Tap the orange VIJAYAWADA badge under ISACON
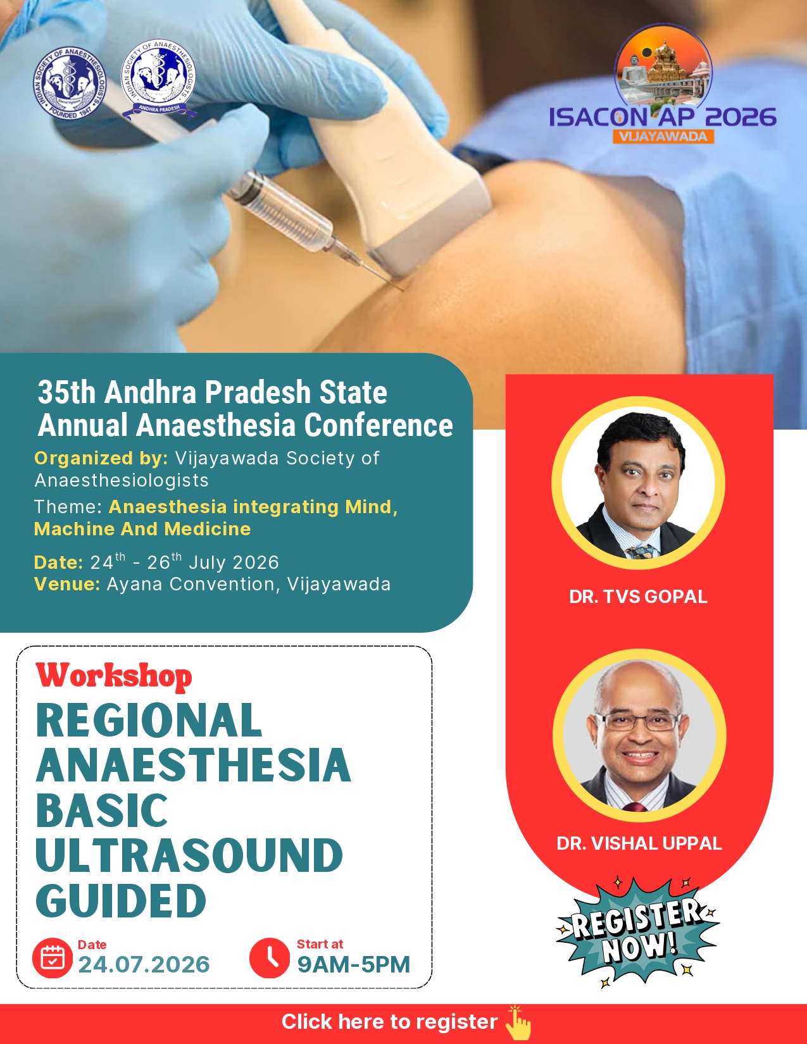click(x=663, y=137)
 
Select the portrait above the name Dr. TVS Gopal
click(x=638, y=483)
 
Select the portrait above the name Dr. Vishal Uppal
click(x=639, y=736)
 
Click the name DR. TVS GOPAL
click(x=638, y=597)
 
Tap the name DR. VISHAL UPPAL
click(x=639, y=843)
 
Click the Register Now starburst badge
click(x=637, y=932)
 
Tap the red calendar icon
click(x=53, y=958)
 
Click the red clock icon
click(x=270, y=958)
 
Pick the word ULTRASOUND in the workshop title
click(x=189, y=855)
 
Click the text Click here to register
click(x=389, y=1022)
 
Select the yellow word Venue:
click(x=67, y=584)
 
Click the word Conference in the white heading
click(x=378, y=425)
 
